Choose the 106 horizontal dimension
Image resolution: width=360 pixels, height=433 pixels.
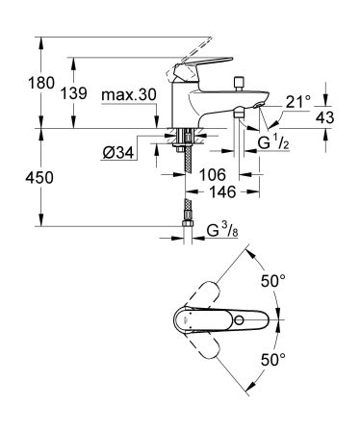(x=213, y=174)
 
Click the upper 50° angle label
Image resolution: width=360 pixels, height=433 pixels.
(x=274, y=280)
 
